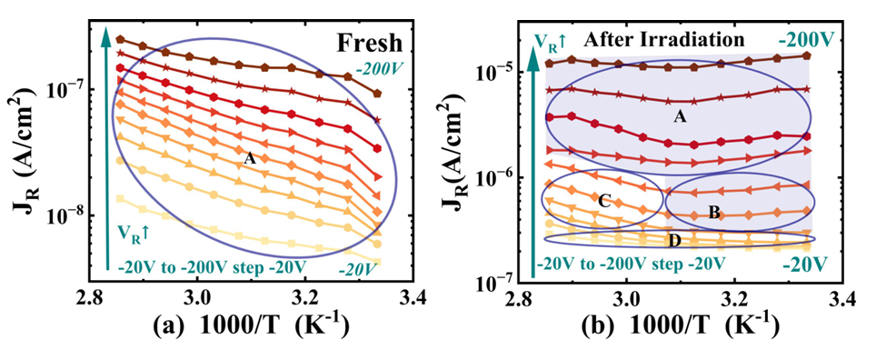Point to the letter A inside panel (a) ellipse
click(249, 159)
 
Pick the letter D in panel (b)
click(675, 241)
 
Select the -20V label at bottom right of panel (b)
click(802, 262)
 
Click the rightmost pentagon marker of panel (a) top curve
click(377, 94)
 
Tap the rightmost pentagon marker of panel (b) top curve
click(806, 55)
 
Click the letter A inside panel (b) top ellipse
click(680, 117)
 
